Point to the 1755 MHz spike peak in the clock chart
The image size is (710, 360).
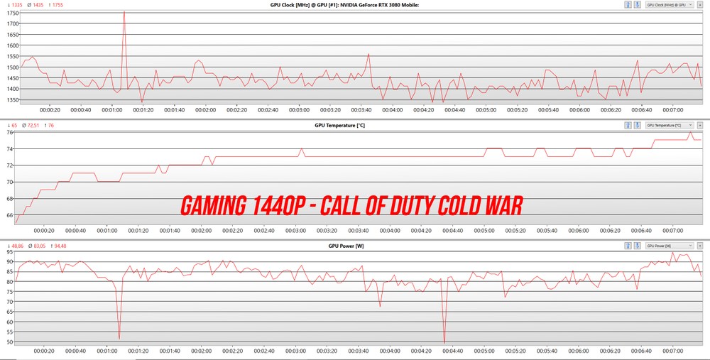(124, 12)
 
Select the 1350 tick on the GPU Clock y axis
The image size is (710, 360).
(12, 100)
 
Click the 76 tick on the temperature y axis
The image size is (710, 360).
(10, 132)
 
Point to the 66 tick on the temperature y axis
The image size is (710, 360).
(10, 215)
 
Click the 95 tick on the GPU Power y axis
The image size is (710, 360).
(10, 252)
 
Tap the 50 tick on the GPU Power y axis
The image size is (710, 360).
(10, 342)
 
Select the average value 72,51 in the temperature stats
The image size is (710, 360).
(33, 126)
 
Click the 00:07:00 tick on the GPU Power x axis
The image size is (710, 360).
(672, 351)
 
